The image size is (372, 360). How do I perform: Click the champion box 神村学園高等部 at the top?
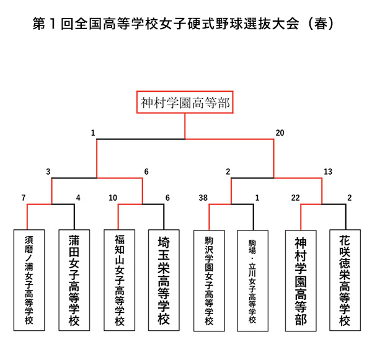(x=185, y=102)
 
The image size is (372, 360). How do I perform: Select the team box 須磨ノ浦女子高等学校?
(x=29, y=280)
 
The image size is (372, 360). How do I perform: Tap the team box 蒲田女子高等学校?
(x=74, y=280)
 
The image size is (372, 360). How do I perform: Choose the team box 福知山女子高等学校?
(x=119, y=280)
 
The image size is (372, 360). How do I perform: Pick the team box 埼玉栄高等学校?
(x=164, y=280)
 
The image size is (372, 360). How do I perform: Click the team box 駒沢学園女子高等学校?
(x=209, y=281)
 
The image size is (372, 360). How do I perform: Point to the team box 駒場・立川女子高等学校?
(x=253, y=281)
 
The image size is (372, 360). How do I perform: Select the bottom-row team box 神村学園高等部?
(x=301, y=281)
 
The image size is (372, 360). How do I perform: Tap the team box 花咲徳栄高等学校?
(x=345, y=281)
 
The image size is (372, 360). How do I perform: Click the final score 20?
(x=280, y=133)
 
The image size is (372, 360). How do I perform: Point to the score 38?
(x=203, y=198)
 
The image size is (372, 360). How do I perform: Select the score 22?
(x=295, y=198)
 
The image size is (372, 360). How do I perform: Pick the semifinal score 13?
(x=328, y=172)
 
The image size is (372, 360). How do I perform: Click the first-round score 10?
(x=113, y=198)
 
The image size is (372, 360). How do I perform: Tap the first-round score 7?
(x=24, y=198)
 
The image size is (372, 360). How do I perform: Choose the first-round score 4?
(x=78, y=198)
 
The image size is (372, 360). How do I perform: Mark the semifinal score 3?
(x=48, y=172)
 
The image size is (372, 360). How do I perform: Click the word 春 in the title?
(x=321, y=24)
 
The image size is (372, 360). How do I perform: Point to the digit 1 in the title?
(x=53, y=24)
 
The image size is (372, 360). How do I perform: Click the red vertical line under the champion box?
(x=185, y=126)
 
